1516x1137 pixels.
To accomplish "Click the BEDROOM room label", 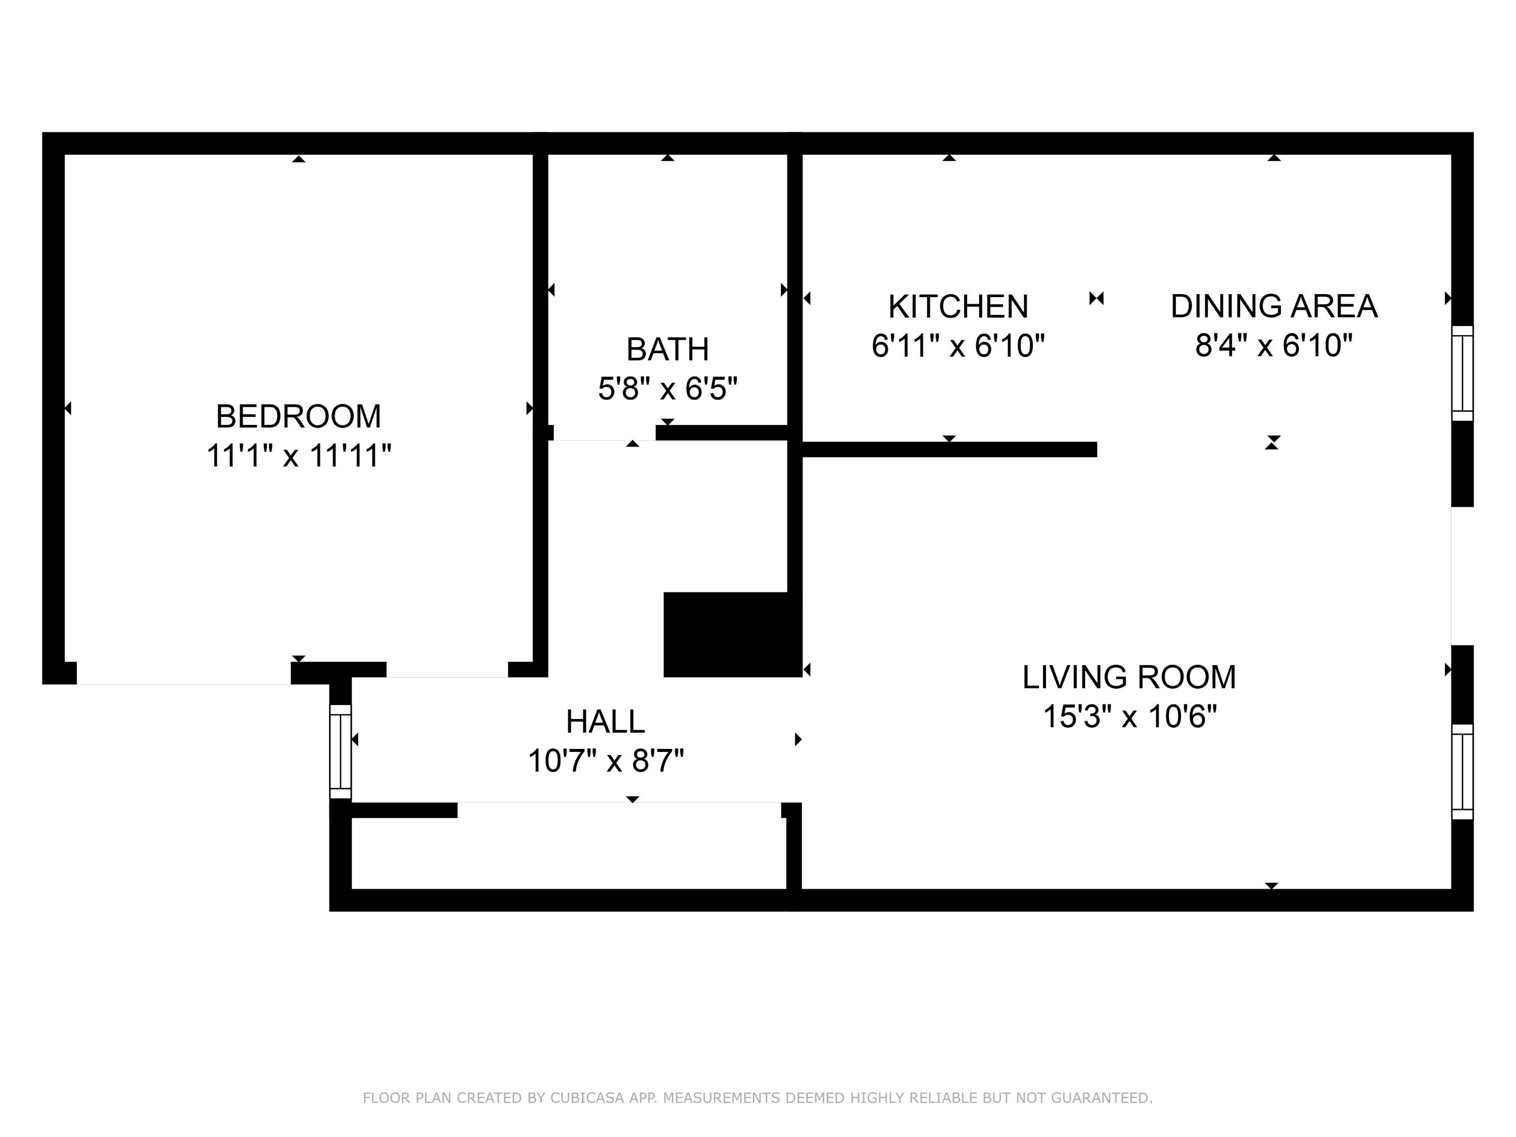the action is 298,416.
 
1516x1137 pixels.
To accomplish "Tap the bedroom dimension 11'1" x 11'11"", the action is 299,456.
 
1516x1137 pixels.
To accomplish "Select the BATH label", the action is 668,350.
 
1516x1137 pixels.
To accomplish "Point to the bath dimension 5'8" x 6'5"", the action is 668,389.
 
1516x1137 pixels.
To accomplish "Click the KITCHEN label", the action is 958,306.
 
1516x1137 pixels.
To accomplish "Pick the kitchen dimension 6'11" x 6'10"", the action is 958,346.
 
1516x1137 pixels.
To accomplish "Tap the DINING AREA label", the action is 1273,306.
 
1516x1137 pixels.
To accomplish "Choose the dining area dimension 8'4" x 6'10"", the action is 1273,346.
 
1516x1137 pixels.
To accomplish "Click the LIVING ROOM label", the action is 1129,677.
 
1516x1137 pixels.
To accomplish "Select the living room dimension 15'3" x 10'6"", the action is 1129,717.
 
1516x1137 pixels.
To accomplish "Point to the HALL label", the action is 605,721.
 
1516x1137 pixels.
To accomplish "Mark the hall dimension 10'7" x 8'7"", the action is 606,761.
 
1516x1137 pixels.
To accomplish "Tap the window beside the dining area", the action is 1462,373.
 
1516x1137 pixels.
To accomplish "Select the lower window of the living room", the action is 1462,771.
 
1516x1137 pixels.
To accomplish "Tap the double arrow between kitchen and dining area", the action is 1097,298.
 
